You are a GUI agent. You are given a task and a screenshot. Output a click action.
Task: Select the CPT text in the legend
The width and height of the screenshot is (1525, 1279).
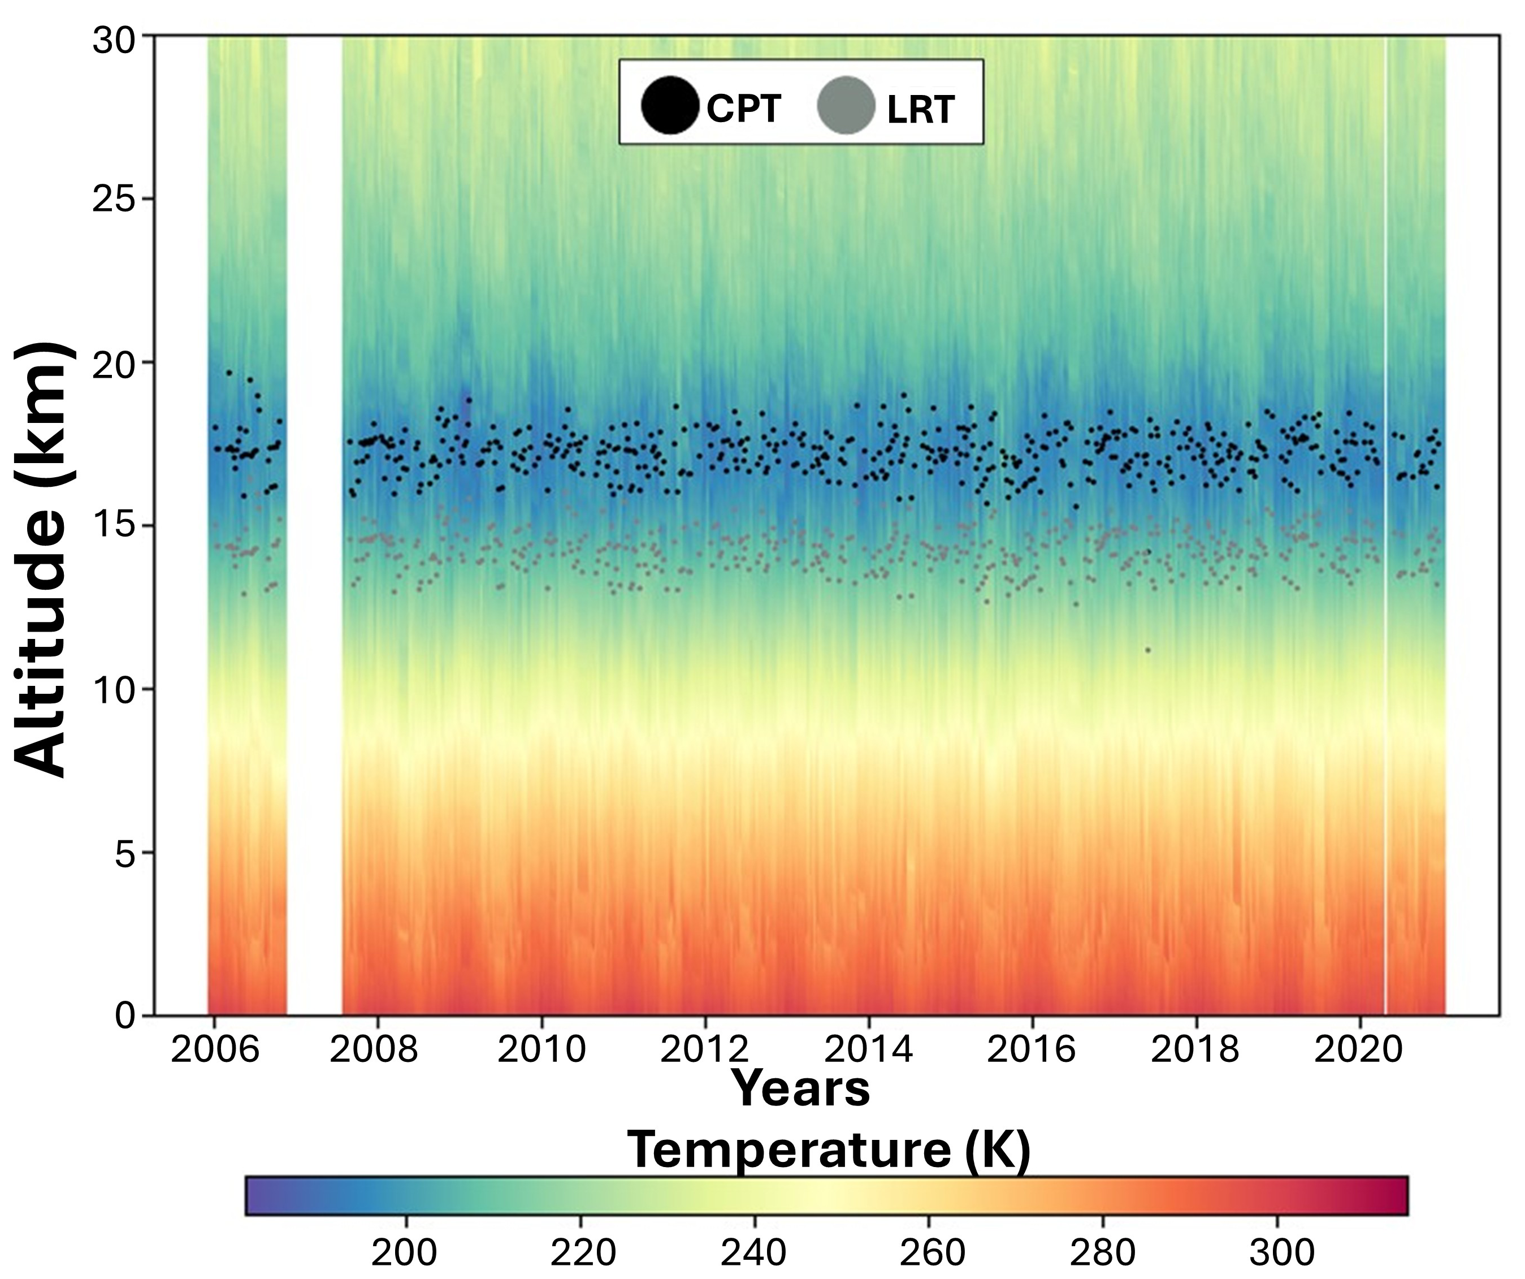pyautogui.click(x=744, y=109)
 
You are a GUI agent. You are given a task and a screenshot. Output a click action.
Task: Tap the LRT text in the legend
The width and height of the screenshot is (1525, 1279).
pyautogui.click(x=920, y=110)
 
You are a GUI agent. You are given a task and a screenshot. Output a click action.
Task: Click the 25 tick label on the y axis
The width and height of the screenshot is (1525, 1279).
pyautogui.click(x=115, y=199)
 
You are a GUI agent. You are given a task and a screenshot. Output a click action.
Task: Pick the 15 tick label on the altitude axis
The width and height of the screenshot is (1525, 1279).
pyautogui.click(x=115, y=526)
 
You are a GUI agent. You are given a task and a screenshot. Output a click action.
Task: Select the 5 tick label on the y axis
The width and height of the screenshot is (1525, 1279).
pyautogui.click(x=125, y=853)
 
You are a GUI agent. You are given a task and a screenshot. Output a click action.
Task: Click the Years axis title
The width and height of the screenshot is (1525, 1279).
pyautogui.click(x=800, y=1088)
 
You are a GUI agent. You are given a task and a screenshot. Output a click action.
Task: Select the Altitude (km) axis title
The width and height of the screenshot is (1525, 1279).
pyautogui.click(x=45, y=559)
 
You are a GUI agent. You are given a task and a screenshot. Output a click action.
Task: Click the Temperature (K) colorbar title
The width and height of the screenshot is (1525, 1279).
pyautogui.click(x=828, y=1149)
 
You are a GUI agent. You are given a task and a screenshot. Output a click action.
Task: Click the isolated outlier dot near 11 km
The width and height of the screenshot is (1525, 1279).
pyautogui.click(x=1147, y=650)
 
